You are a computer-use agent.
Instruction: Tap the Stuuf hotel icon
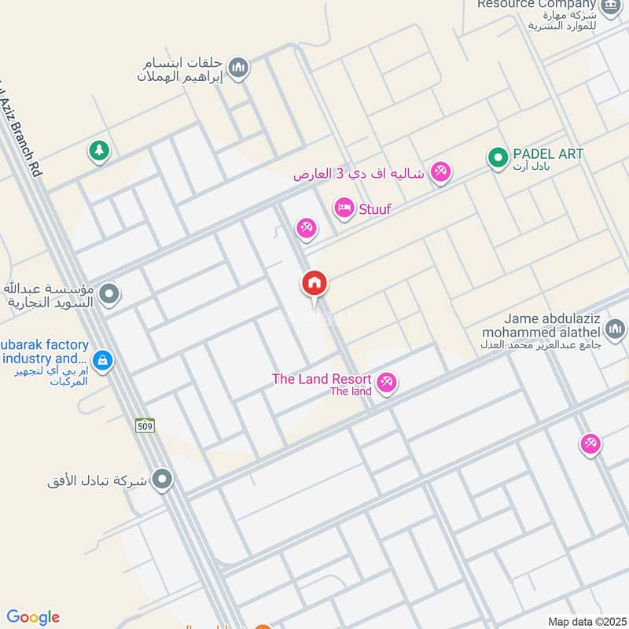click(x=344, y=208)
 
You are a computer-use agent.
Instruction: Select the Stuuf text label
click(x=374, y=209)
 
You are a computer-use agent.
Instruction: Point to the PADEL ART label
click(x=548, y=154)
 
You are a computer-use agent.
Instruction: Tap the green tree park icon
click(x=98, y=149)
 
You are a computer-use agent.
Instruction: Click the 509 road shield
click(x=144, y=425)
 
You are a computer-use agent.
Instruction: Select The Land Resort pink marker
click(x=386, y=383)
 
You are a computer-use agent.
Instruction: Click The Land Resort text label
click(x=322, y=379)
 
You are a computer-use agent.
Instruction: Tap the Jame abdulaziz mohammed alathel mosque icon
click(x=615, y=327)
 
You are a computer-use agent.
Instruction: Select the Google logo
click(x=33, y=617)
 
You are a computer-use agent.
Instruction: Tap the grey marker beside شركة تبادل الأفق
click(x=162, y=478)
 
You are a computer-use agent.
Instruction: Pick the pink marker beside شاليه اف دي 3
click(x=441, y=171)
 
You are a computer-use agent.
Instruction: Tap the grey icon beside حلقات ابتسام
click(x=240, y=68)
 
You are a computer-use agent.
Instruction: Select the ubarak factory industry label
click(x=46, y=351)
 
